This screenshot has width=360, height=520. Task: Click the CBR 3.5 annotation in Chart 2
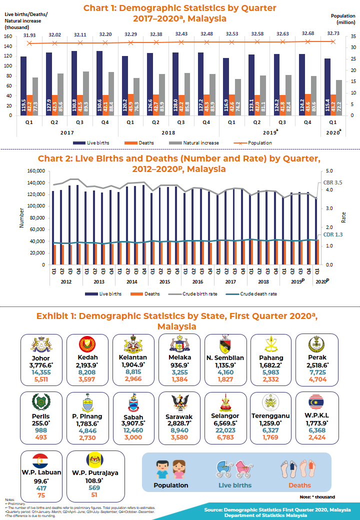pos(333,183)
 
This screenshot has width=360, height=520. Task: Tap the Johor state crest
pos(41,344)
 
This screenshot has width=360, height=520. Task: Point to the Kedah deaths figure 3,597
pos(87,379)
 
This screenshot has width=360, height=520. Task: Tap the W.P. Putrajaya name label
pos(88,473)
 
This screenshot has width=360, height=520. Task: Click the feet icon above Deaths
pos(298,467)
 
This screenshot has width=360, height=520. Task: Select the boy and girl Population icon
pos(170,469)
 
